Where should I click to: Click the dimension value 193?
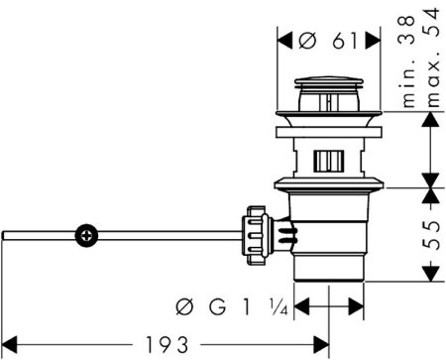[167, 345]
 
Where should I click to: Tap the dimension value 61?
[345, 41]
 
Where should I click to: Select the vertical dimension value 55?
[433, 235]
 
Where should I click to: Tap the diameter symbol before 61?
[307, 41]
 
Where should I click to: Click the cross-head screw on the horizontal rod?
[86, 236]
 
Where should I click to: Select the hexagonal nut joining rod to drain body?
[255, 235]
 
